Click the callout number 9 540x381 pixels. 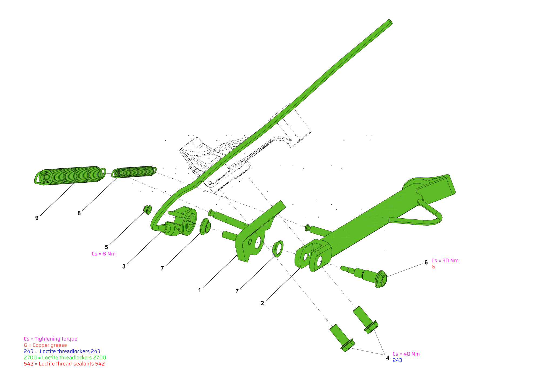[37, 218]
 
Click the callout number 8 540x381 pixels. [79, 213]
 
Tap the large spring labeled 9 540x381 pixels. [70, 175]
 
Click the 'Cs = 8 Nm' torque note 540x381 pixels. [103, 254]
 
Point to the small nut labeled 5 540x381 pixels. [147, 210]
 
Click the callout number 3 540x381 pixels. [124, 267]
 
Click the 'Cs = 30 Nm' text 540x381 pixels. [445, 261]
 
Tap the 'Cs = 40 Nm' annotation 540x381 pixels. [406, 354]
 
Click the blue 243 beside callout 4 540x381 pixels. [397, 360]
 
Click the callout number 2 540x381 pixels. [262, 303]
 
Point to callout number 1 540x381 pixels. [200, 290]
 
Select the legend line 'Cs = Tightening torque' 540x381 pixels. [50, 339]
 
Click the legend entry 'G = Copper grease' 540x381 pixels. [45, 345]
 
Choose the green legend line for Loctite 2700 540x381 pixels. [65, 357]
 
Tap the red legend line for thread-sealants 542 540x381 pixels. [64, 364]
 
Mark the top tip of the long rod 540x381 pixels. [390, 21]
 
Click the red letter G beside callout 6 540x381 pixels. [433, 267]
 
